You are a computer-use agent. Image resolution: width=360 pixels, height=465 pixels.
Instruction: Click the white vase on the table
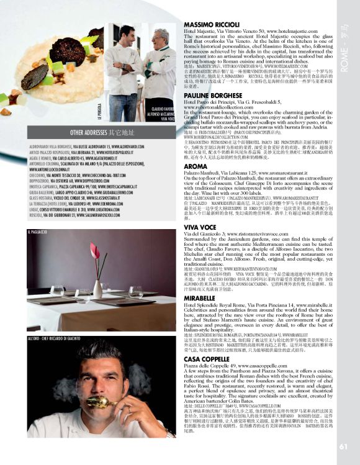point(97,287)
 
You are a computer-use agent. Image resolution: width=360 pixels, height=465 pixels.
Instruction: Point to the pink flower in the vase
point(95,251)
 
